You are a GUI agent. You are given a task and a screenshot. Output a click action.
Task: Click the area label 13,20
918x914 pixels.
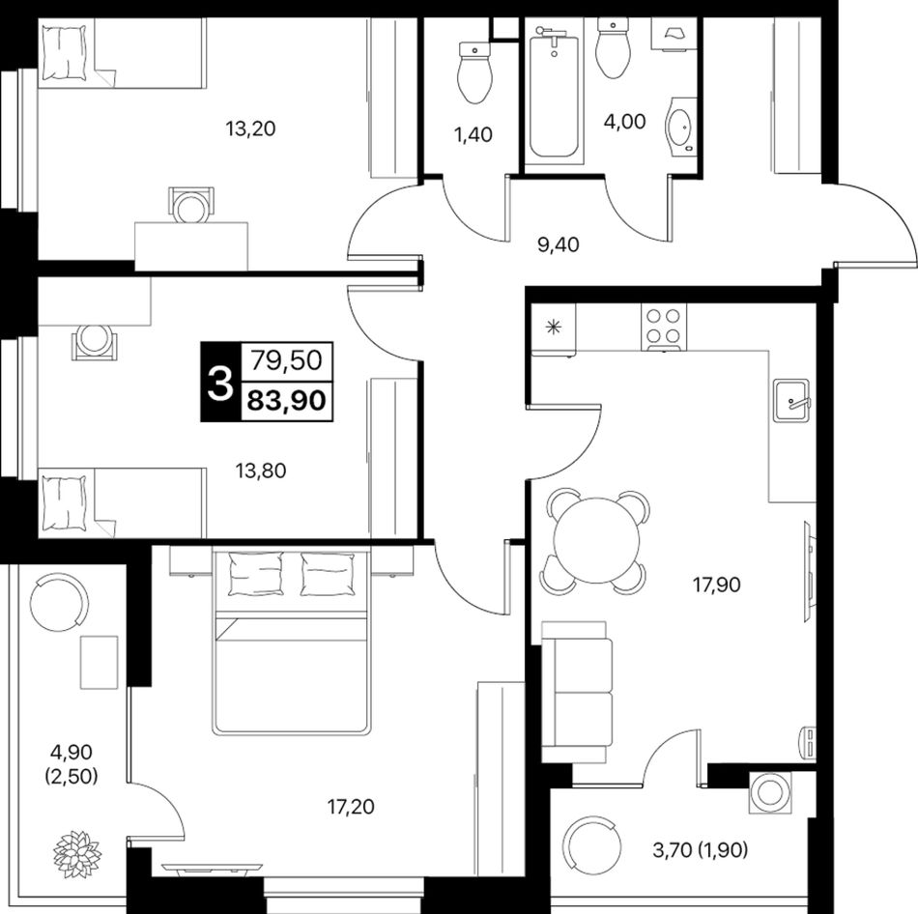click(250, 129)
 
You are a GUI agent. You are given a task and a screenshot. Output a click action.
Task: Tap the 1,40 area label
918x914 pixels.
click(473, 134)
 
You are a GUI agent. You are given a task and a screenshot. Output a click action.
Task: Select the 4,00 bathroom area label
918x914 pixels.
click(625, 122)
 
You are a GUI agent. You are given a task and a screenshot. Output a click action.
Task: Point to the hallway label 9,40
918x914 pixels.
click(558, 244)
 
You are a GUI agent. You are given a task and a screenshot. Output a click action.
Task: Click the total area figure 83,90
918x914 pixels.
click(287, 402)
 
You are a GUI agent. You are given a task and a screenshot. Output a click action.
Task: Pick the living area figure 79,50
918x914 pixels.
click(287, 360)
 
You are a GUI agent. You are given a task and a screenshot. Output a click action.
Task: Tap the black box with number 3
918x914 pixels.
click(220, 382)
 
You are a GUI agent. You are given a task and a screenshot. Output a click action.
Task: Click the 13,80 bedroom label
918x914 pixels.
click(261, 471)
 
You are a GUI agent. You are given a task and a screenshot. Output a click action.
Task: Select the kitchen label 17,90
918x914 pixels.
click(717, 585)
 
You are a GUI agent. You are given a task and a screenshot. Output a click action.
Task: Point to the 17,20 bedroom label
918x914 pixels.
click(351, 807)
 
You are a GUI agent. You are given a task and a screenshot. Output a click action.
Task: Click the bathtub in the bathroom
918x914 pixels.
click(554, 97)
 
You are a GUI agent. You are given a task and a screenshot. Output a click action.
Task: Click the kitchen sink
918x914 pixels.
click(791, 401)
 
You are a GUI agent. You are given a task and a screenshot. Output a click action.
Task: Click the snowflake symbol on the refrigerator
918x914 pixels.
click(552, 328)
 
